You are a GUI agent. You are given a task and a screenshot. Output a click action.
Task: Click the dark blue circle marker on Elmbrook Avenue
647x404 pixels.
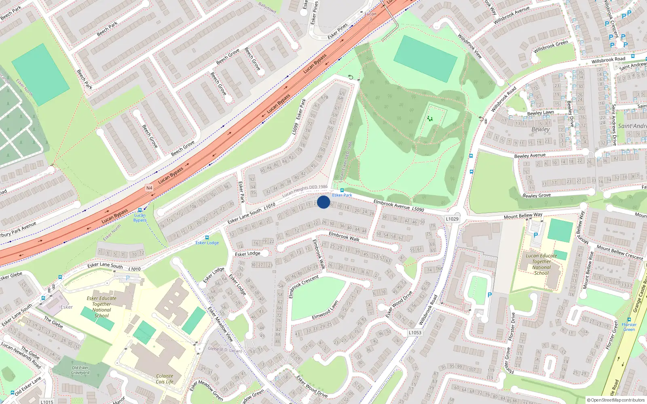pyautogui.click(x=323, y=202)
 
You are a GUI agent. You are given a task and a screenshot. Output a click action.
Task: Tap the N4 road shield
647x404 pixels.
pyautogui.click(x=149, y=188)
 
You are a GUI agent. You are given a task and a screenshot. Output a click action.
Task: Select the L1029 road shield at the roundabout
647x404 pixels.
pyautogui.click(x=452, y=219)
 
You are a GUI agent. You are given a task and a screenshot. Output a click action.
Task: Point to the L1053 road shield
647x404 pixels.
pyautogui.click(x=414, y=332)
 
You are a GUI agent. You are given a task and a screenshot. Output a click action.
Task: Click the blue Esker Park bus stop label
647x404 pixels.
pyautogui.click(x=342, y=195)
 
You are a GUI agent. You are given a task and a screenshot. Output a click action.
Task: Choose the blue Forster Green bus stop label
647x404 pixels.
pyautogui.click(x=629, y=327)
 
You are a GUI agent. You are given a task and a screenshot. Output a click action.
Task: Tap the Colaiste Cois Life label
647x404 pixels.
pyautogui.click(x=165, y=379)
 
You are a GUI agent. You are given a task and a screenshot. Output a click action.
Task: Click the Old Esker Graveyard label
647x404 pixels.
pyautogui.click(x=80, y=370)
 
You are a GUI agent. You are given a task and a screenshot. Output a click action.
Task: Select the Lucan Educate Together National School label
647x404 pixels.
pyautogui.click(x=541, y=264)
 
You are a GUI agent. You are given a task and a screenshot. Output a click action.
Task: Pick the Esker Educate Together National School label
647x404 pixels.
pyautogui.click(x=101, y=307)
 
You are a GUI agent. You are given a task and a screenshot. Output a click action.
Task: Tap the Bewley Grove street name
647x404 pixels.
pyautogui.click(x=536, y=196)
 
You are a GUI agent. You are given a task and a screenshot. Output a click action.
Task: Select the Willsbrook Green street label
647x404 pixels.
pyautogui.click(x=550, y=47)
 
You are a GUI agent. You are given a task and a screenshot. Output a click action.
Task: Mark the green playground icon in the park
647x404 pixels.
pyautogui.click(x=430, y=119)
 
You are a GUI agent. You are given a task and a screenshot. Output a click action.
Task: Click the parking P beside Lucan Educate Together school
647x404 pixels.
pyautogui.click(x=536, y=235)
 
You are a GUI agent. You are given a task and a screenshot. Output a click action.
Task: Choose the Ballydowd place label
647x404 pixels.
pyautogui.click(x=267, y=8)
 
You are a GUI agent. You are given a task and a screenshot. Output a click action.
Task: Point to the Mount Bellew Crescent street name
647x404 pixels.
pyautogui.click(x=620, y=253)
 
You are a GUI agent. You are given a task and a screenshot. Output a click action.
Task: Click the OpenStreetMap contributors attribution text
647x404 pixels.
pyautogui.click(x=615, y=400)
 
